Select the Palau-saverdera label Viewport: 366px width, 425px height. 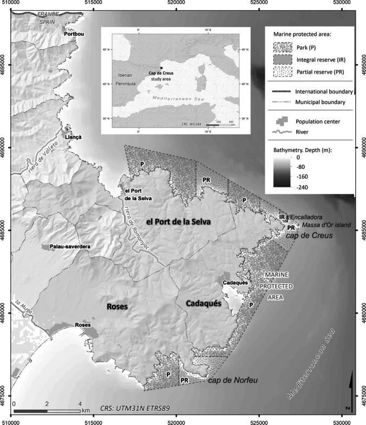[70, 247]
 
